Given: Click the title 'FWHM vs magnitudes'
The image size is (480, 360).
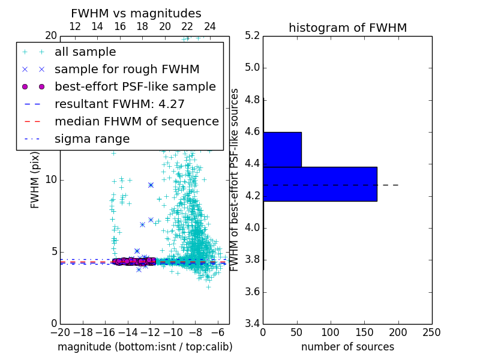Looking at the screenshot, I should [x=136, y=13].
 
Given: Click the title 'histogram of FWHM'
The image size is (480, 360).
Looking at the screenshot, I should [x=347, y=28].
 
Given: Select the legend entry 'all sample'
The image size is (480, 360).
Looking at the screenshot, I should [x=85, y=52].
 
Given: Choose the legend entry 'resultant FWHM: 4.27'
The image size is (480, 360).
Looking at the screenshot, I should [x=119, y=104].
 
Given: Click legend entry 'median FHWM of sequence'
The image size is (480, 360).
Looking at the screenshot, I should [x=136, y=121].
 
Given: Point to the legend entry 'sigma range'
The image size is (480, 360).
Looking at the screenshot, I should [x=92, y=139].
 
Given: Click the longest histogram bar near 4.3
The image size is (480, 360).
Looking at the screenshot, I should [x=320, y=184].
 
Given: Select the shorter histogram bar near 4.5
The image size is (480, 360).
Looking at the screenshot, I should [x=282, y=149].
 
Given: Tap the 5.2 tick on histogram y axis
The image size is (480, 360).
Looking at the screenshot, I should [x=252, y=35].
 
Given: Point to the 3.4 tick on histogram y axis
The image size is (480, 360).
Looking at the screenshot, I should [x=252, y=324].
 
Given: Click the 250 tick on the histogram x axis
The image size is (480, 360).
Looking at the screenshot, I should [x=431, y=332].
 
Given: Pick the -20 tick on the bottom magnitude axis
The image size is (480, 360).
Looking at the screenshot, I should [x=60, y=332].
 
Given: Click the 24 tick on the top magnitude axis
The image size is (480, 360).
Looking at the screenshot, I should [x=210, y=27].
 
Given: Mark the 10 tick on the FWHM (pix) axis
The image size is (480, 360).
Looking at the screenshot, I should [x=52, y=179].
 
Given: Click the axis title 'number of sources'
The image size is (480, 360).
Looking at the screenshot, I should [x=347, y=347].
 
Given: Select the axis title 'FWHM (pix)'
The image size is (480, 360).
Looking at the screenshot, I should [x=35, y=179].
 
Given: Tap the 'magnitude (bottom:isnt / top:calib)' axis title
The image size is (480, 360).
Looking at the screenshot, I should [x=145, y=347].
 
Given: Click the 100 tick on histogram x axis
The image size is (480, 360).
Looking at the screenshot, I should [x=331, y=332].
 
